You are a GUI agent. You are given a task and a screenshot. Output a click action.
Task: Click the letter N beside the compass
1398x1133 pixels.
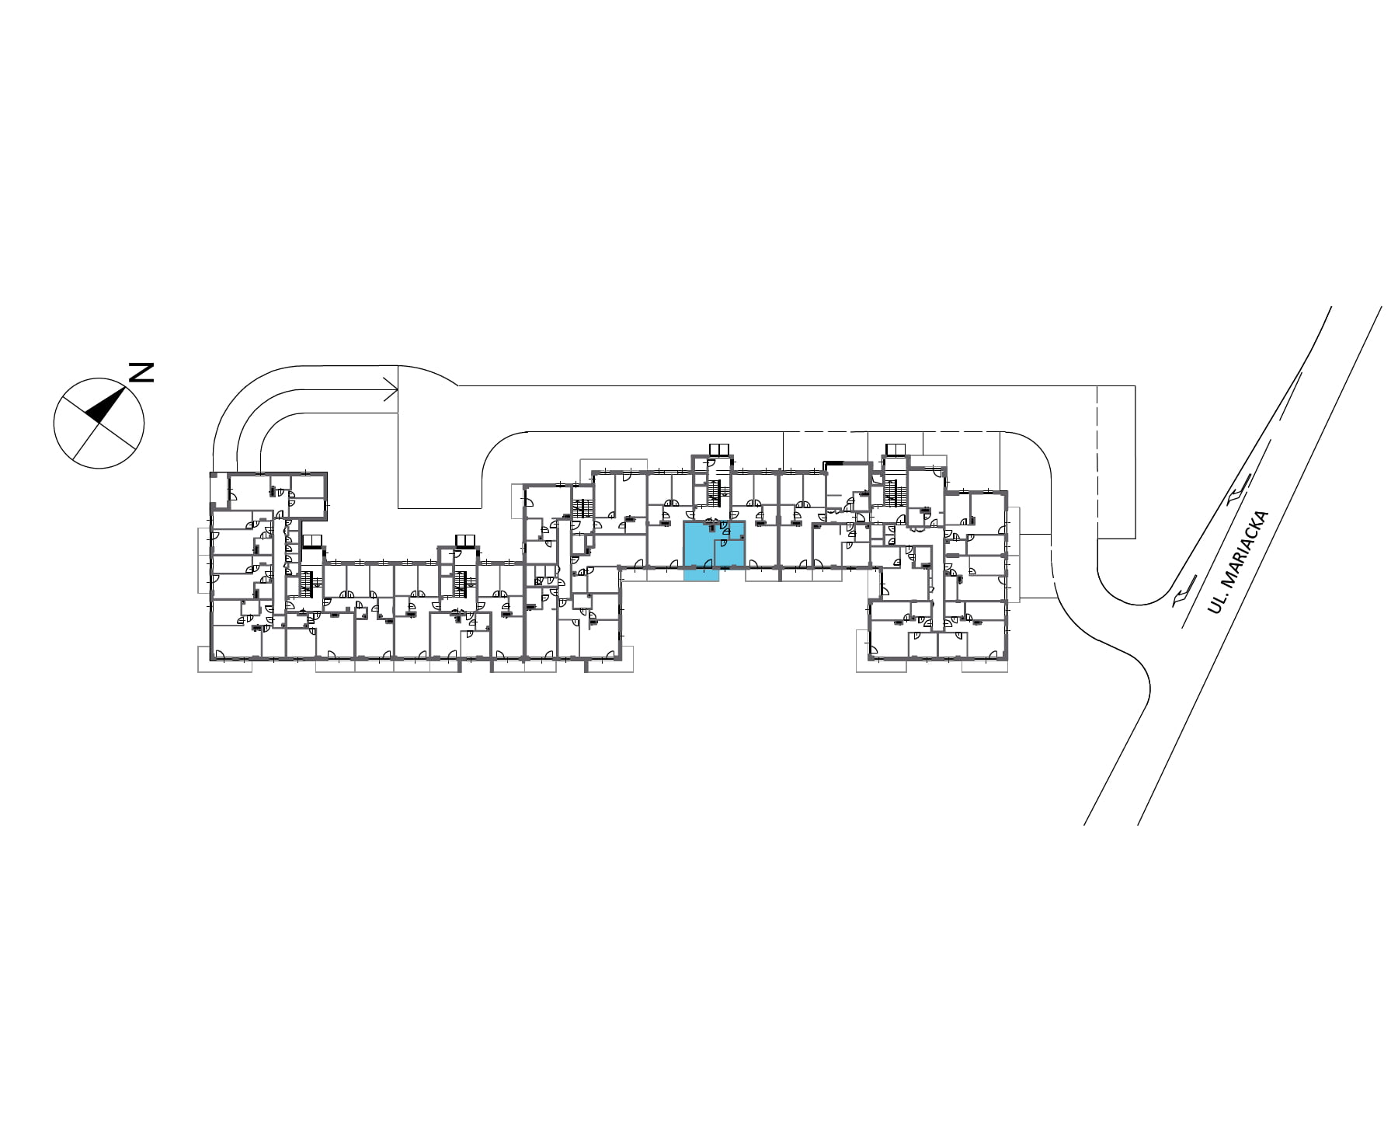[141, 372]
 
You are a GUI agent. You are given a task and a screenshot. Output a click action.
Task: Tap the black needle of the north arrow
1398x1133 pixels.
[106, 405]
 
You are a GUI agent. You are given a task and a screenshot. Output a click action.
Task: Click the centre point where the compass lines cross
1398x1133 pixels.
[99, 424]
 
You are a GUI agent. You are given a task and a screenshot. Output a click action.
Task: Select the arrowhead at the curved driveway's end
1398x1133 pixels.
[391, 389]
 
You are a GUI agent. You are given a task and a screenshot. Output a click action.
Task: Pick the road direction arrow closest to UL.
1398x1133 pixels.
[1181, 595]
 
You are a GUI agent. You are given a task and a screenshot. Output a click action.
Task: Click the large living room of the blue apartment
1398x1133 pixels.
[698, 546]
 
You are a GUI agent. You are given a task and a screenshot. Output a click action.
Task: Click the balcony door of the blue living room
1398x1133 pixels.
[708, 564]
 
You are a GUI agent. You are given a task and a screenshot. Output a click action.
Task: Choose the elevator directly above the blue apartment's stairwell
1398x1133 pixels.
[719, 449]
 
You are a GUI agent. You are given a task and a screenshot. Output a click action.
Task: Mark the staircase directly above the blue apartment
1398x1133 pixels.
[715, 493]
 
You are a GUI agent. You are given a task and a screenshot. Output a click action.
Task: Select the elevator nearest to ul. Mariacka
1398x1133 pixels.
[895, 449]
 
